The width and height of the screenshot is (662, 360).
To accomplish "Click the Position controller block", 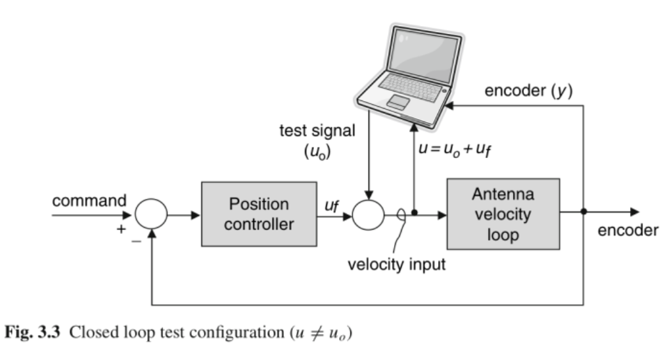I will pos(259,214).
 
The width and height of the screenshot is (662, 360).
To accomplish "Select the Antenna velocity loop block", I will pos(503,214).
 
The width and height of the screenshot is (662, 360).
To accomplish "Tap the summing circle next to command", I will pos(152,214).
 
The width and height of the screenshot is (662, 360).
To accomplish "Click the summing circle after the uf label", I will pos(368,214).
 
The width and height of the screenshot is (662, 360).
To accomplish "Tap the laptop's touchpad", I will pos(397,102).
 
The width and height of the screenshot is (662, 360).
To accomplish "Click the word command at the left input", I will pos(89,200).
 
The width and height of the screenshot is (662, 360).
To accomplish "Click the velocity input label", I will pos(396,264).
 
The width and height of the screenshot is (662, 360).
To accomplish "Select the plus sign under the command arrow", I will pos(119,228).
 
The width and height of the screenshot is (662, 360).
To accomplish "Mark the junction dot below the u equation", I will pos(415,214).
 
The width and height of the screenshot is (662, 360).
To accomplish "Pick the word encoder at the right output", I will pos(627,231).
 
